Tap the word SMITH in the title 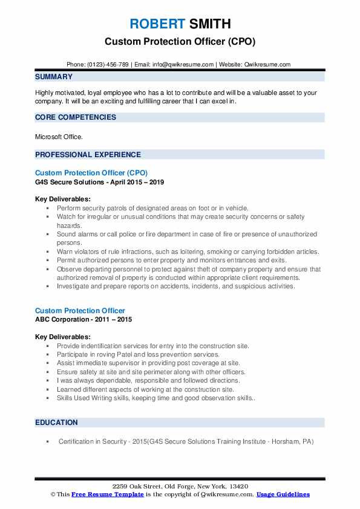coord(209,24)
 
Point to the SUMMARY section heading coord(54,77)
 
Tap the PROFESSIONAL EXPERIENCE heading coord(88,154)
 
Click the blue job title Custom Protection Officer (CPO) coord(91,172)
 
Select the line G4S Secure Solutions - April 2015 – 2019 coord(99,181)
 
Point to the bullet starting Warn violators coord(188,251)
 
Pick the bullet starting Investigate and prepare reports coord(175,287)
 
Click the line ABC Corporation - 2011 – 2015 coord(83,319)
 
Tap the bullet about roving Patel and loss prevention coord(138,354)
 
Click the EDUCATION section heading coord(56,423)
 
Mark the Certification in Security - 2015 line coord(186,442)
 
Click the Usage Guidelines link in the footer coord(283,494)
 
